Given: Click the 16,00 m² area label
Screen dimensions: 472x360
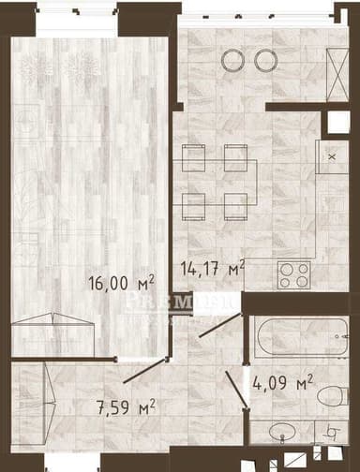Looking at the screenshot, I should (x=120, y=281).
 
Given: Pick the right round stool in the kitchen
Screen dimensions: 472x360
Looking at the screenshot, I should (x=264, y=60).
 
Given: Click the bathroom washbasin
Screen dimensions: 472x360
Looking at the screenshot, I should (x=282, y=434).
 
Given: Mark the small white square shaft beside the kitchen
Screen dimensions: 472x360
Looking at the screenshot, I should (x=335, y=124).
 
